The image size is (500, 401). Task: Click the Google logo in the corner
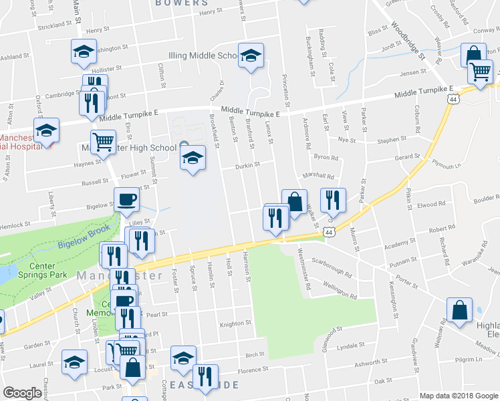coord(22,393)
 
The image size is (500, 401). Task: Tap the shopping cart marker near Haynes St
coord(103,142)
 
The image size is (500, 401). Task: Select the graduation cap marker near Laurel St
coord(74,362)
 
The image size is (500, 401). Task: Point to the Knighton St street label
coord(235,324)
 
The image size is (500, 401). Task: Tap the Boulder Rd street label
coord(487,198)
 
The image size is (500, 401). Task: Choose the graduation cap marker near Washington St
coord(83,51)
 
